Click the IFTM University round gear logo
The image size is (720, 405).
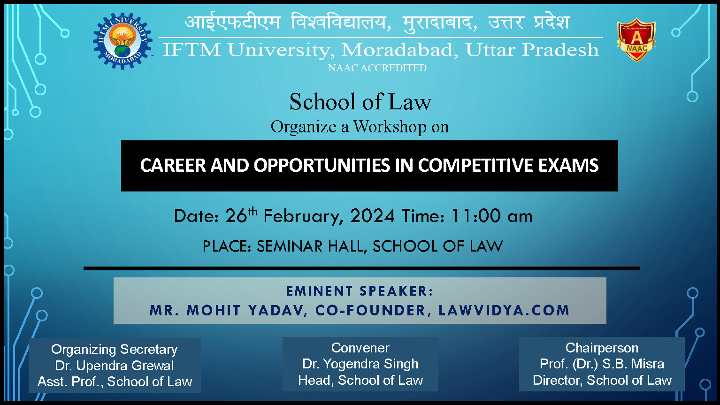123,41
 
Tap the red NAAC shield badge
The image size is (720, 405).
636,40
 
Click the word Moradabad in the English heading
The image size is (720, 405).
399,50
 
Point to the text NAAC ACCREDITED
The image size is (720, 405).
377,68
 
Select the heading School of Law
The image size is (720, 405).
360,102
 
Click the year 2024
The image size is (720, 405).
372,216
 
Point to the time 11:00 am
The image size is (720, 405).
491,216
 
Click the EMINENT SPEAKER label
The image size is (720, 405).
360,291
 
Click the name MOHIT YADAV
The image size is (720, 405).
247,311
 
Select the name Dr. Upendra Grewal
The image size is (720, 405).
115,366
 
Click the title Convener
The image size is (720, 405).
360,348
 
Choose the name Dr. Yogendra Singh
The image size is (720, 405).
360,364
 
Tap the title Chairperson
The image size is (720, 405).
602,348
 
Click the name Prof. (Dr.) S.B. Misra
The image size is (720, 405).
602,364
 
